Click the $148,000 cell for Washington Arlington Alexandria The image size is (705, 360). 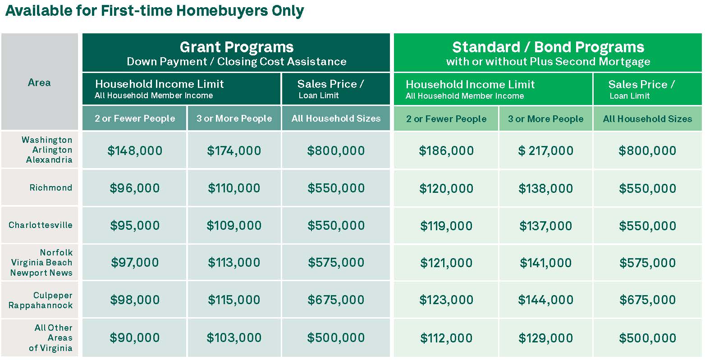(135, 150)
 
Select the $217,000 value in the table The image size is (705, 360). (545, 150)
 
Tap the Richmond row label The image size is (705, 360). (51, 187)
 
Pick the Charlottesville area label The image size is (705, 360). (41, 225)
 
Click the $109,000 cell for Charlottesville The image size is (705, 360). (234, 225)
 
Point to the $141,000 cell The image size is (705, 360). (545, 263)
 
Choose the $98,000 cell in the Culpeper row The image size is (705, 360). (135, 300)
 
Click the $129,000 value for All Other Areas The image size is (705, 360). (545, 338)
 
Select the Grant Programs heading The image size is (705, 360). (236, 47)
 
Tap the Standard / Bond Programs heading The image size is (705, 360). (548, 47)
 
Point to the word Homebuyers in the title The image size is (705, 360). (222, 11)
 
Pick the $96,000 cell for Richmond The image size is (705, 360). (135, 188)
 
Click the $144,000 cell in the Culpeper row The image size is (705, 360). (545, 300)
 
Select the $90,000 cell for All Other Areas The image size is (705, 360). (135, 337)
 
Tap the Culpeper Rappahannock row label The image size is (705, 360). (41, 300)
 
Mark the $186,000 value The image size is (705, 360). (446, 150)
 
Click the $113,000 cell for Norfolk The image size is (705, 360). (234, 262)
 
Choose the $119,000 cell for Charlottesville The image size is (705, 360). (446, 226)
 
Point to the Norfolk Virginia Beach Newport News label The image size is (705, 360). (41, 262)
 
